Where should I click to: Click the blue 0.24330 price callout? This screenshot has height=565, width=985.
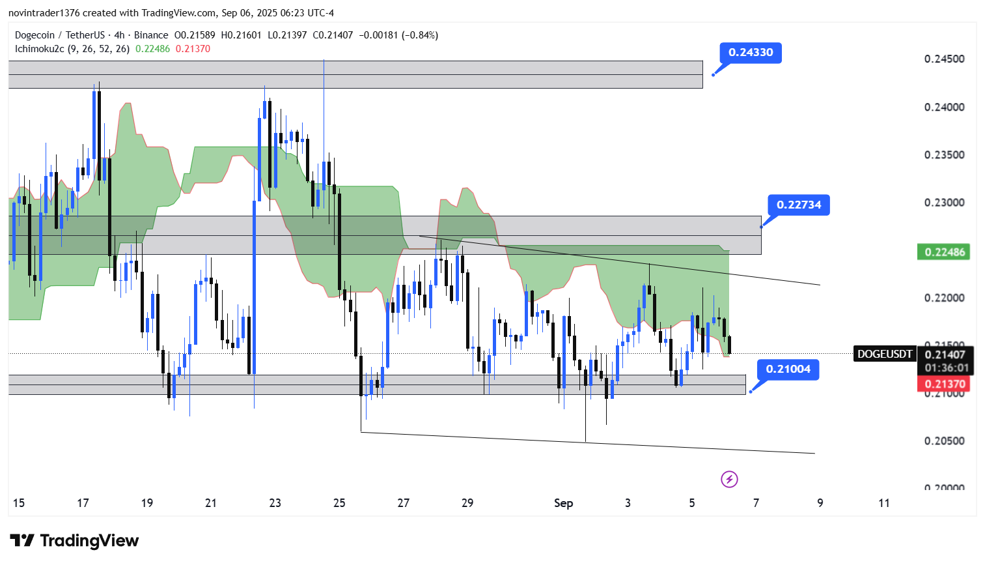click(750, 53)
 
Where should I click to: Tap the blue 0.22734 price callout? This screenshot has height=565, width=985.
click(798, 205)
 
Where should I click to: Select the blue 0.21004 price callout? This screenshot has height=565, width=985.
click(788, 369)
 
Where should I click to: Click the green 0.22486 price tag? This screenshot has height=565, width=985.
click(943, 252)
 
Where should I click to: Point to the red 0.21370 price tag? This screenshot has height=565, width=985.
click(943, 384)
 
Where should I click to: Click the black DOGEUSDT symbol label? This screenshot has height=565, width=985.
click(884, 354)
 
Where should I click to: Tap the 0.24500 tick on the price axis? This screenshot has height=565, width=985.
click(944, 59)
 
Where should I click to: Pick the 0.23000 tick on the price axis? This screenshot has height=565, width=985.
click(944, 203)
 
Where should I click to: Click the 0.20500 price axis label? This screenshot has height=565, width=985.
click(944, 441)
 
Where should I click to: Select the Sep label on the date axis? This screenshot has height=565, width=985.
click(563, 503)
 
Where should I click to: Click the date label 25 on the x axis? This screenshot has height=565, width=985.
click(339, 503)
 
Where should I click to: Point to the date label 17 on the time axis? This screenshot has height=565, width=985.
click(83, 503)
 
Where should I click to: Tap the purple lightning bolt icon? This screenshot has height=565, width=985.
click(729, 480)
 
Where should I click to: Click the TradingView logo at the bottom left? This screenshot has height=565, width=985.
click(74, 541)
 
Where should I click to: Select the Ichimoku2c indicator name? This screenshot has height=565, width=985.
click(39, 49)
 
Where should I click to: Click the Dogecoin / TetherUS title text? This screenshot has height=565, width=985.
click(60, 35)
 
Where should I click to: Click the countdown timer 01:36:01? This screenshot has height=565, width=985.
click(946, 368)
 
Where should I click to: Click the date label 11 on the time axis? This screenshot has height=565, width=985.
click(883, 503)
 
